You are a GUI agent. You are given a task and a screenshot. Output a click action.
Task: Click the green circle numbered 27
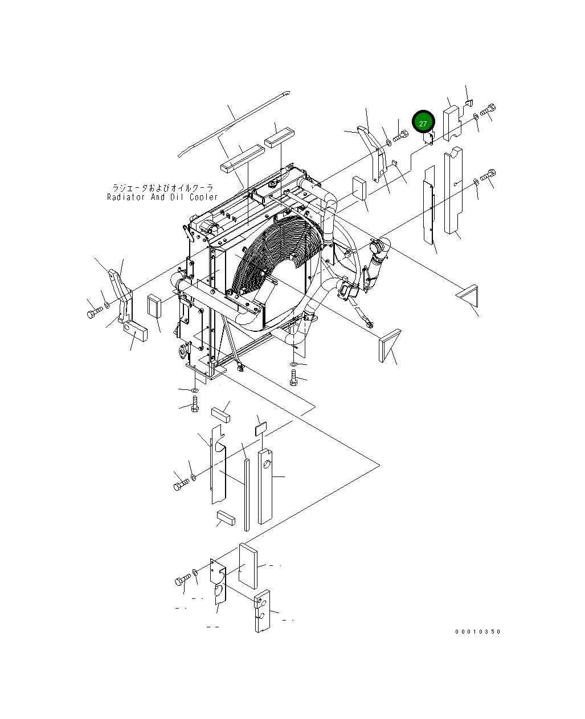point(423,122)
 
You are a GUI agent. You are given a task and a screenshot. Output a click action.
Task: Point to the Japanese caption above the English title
point(162,187)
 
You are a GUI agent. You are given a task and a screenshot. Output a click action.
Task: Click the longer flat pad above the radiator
point(242,158)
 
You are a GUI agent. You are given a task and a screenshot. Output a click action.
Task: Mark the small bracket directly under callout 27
point(429,137)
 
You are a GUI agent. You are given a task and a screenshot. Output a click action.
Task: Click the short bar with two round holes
point(262,611)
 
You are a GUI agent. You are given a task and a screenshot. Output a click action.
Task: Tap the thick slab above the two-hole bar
point(248,565)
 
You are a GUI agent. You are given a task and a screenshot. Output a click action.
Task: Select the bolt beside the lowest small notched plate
point(182,580)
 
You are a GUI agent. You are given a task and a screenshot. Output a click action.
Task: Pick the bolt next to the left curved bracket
point(93,314)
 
